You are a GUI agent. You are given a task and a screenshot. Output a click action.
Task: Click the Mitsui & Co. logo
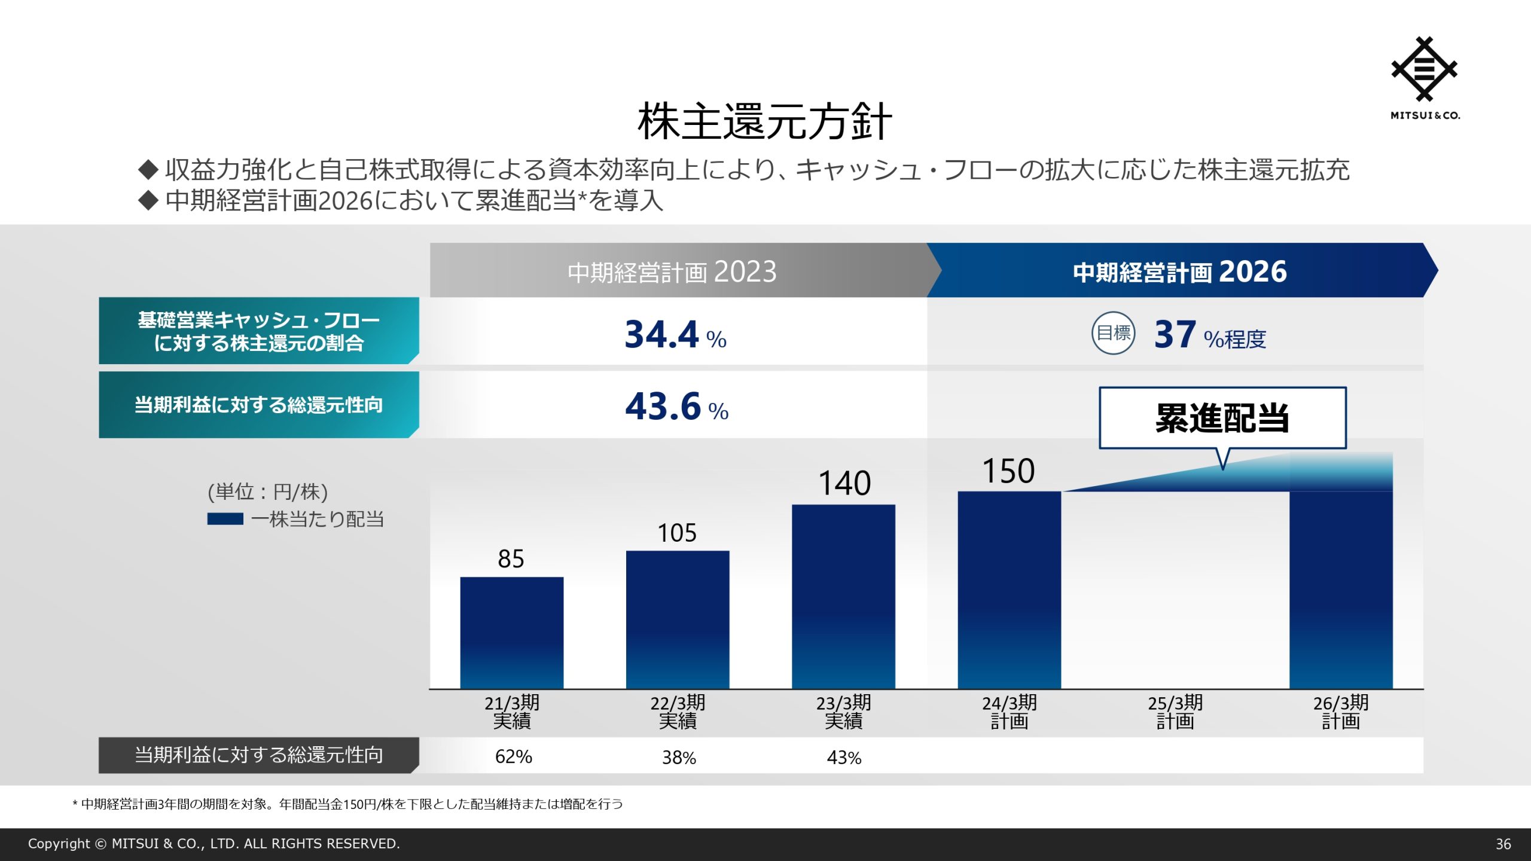(1425, 78)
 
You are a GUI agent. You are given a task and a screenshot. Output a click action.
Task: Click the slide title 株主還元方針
(765, 121)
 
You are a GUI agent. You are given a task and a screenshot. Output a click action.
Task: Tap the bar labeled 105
(678, 619)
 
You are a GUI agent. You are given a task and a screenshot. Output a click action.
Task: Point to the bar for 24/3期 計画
(1009, 590)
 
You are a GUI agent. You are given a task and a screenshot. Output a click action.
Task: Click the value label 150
(1008, 471)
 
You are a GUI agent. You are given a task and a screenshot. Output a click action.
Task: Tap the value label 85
(511, 559)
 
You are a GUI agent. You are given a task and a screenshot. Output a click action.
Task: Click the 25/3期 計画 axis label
(1175, 712)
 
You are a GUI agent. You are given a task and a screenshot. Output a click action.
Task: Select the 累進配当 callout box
(1222, 418)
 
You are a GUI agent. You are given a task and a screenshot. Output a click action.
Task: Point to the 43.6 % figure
(676, 407)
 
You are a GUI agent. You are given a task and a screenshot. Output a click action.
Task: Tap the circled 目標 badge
(1113, 333)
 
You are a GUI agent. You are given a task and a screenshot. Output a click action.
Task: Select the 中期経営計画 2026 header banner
(1179, 271)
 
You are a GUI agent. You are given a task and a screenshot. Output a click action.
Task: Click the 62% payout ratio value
(513, 756)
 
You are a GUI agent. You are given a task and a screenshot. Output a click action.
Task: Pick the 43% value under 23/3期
(844, 758)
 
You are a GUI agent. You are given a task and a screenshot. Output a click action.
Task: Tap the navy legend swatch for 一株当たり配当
(225, 519)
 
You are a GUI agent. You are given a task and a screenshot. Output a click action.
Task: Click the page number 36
(1503, 844)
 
